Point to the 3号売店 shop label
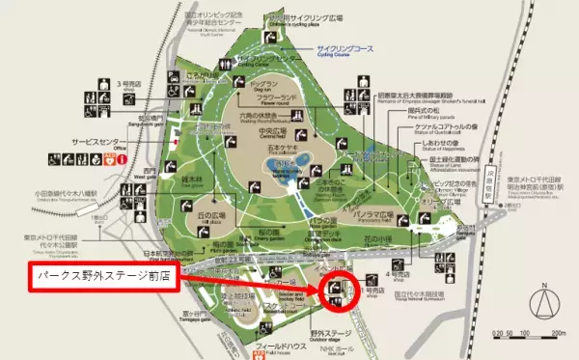(132, 85)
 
